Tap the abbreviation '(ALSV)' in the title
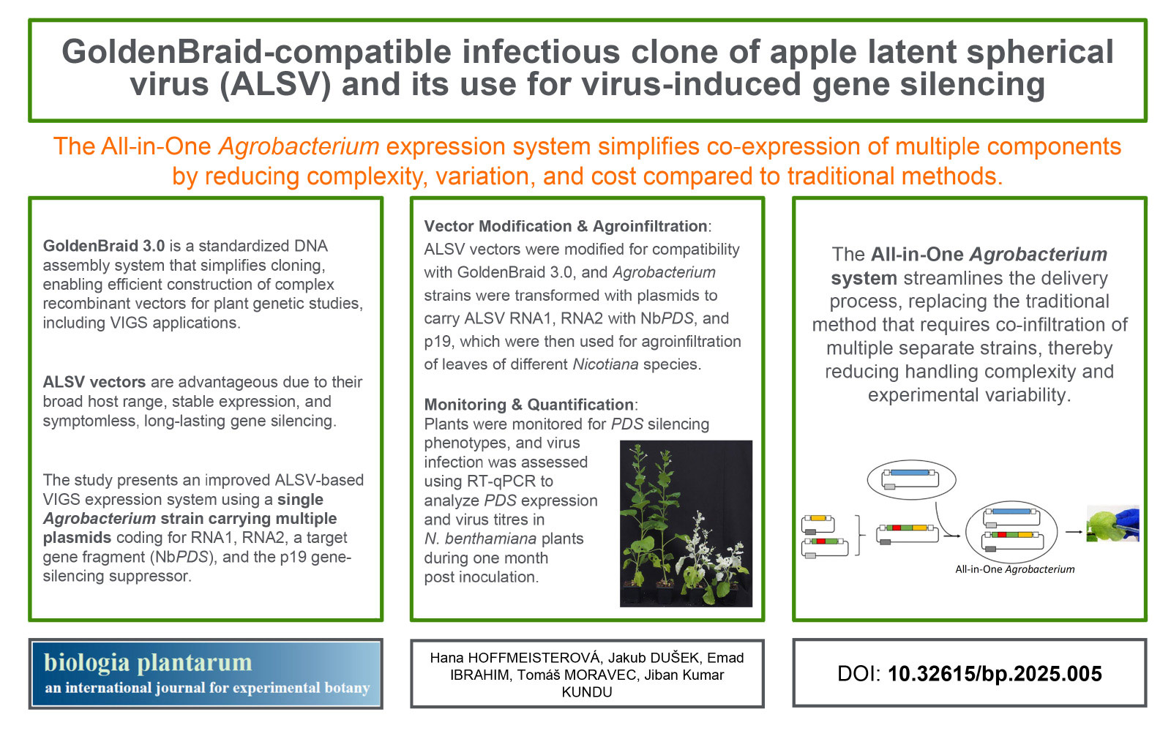tap(275, 84)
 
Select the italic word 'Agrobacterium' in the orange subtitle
tap(299, 146)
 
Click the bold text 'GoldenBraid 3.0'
tap(103, 246)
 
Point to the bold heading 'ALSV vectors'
tap(94, 382)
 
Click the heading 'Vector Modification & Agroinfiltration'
tap(566, 226)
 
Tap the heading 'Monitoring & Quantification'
tap(529, 405)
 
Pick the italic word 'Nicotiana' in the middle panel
tap(605, 364)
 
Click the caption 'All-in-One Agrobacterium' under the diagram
tap(1014, 569)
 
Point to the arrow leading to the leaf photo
tap(1074, 532)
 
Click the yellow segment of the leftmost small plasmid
tap(818, 518)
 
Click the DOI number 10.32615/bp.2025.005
tap(995, 674)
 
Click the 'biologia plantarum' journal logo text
tap(148, 662)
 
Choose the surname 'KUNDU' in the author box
tap(586, 692)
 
